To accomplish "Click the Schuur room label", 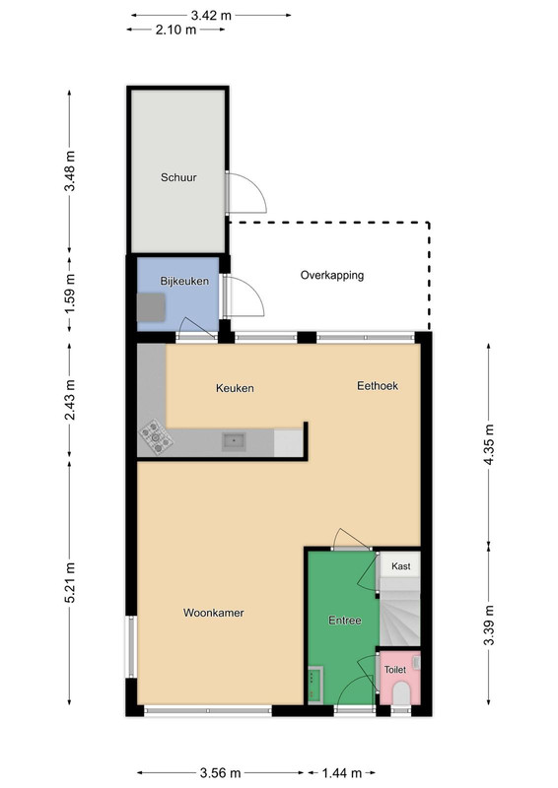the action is tap(178, 177).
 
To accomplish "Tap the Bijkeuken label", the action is tap(184, 281).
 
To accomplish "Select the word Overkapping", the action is tap(332, 276).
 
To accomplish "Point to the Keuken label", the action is tap(235, 388).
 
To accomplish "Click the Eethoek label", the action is tap(378, 385).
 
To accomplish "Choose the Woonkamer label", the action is tap(213, 613).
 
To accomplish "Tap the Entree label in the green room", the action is tap(345, 621).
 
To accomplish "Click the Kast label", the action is tap(401, 566).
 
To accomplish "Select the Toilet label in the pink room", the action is tap(395, 670).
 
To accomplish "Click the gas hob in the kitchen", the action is tap(156, 436).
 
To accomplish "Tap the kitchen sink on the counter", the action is tap(234, 441).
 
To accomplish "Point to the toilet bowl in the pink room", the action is tap(401, 692).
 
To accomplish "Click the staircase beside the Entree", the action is tap(399, 612).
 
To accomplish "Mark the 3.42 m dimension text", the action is tap(211, 16).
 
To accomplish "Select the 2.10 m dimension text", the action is tap(175, 30).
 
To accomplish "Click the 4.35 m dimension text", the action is tap(489, 445).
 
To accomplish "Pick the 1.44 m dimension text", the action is tap(342, 772).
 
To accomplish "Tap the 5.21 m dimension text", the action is tap(70, 582).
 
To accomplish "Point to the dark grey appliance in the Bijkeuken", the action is tap(151, 307).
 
